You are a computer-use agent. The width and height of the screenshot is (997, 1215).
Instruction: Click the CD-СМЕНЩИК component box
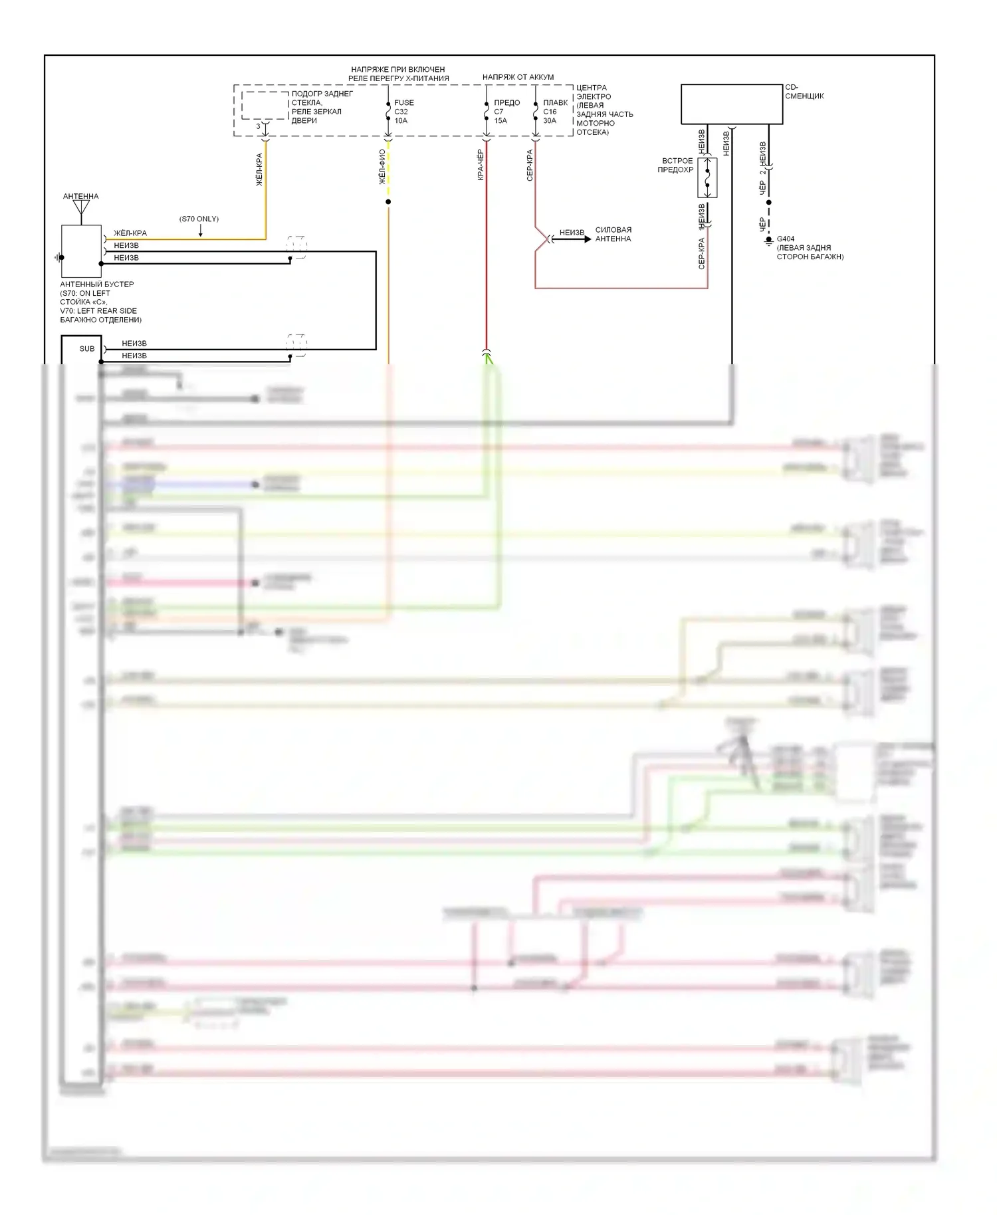point(731,104)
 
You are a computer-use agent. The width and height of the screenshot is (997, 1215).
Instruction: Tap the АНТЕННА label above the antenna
point(80,196)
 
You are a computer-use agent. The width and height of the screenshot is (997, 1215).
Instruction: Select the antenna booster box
point(81,251)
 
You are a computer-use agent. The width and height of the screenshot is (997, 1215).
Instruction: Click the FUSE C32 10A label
point(403,112)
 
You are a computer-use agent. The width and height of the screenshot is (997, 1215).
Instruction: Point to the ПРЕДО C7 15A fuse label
point(506,112)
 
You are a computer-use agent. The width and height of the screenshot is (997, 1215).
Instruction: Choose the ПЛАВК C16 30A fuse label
point(554,112)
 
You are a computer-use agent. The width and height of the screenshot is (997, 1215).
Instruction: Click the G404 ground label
point(785,239)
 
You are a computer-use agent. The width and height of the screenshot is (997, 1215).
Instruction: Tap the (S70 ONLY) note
point(199,219)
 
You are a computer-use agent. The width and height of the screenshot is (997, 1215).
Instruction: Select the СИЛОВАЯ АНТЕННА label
point(613,235)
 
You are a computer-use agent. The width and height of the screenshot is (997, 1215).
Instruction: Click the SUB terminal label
point(87,349)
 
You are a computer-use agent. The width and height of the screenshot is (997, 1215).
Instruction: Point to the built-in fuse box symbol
point(707,177)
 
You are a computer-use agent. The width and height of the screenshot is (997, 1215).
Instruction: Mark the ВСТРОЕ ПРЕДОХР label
point(675,166)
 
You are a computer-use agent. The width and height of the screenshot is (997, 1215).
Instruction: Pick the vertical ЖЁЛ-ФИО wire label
point(382,167)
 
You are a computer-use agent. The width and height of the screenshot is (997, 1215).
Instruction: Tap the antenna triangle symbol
point(81,207)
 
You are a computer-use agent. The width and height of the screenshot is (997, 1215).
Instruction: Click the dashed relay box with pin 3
point(265,106)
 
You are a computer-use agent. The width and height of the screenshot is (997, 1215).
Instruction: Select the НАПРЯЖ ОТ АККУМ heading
point(518,77)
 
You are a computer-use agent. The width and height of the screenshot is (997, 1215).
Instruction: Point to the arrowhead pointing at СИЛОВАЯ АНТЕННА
point(587,239)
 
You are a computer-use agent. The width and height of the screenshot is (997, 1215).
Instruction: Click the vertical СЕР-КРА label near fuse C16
point(530,165)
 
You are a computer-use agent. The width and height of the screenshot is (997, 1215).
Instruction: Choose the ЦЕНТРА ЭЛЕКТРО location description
point(604,110)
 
